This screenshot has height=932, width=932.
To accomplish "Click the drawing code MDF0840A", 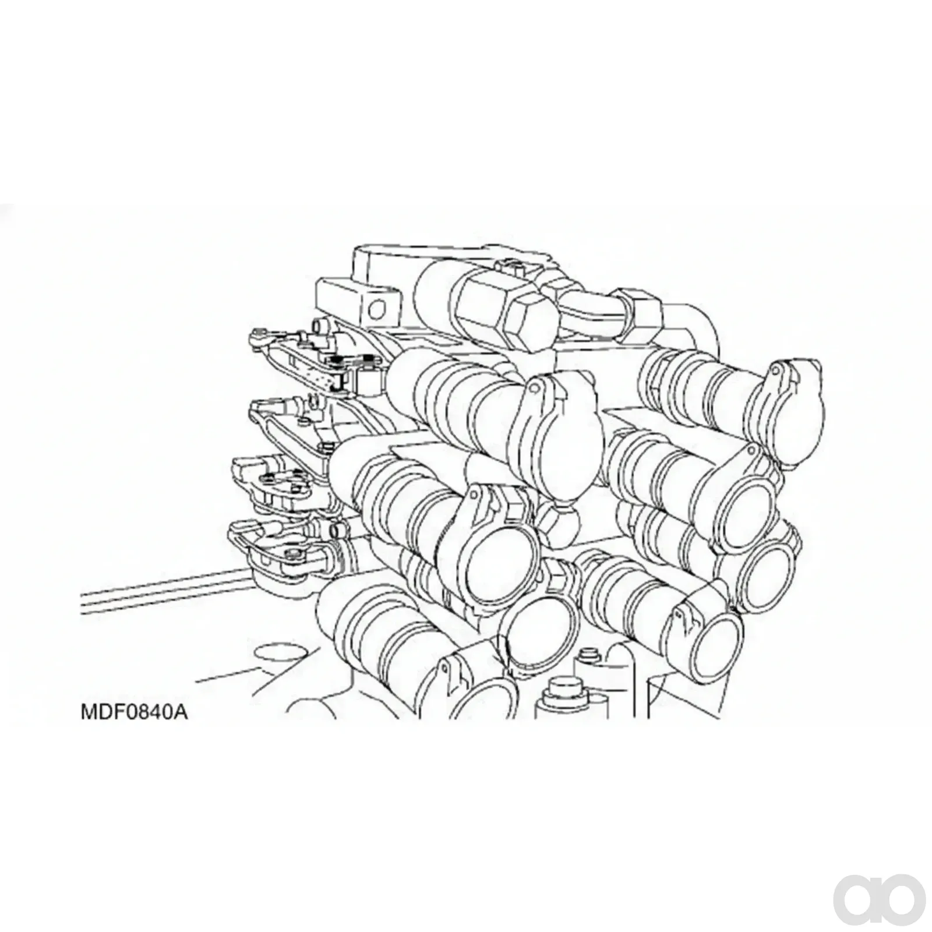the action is [134, 712].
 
